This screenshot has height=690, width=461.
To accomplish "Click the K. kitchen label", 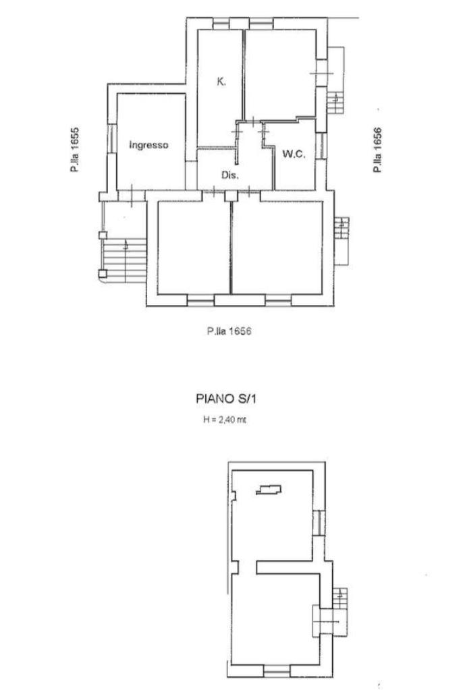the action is [x=221, y=82].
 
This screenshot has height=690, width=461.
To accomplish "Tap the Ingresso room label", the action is [x=148, y=145].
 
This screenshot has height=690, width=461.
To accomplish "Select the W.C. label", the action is [x=294, y=154].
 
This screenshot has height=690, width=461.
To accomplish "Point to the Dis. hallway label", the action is [x=230, y=175].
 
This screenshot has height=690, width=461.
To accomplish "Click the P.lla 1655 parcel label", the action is [x=75, y=150].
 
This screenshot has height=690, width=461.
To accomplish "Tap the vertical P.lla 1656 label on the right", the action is [x=377, y=150].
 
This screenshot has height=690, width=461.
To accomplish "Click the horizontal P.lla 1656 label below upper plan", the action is [x=229, y=331].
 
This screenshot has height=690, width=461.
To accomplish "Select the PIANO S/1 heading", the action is [x=226, y=399].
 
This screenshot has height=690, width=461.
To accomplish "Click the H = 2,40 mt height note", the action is [x=225, y=420].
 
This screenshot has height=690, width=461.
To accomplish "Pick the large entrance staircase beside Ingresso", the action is [x=124, y=260].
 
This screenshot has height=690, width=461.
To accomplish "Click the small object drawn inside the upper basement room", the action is [x=269, y=489].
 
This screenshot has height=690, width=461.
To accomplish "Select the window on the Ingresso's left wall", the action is [x=112, y=139].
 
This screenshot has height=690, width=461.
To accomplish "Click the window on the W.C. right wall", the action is [x=321, y=146].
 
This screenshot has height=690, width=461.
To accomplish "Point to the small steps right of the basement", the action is [x=340, y=599].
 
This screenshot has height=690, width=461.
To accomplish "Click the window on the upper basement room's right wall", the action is [x=319, y=523].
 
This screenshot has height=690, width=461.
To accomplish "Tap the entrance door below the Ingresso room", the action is [x=132, y=196].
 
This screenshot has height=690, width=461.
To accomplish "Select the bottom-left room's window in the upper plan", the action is [x=200, y=300].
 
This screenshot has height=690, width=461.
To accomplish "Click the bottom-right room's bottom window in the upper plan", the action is [x=278, y=300].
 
